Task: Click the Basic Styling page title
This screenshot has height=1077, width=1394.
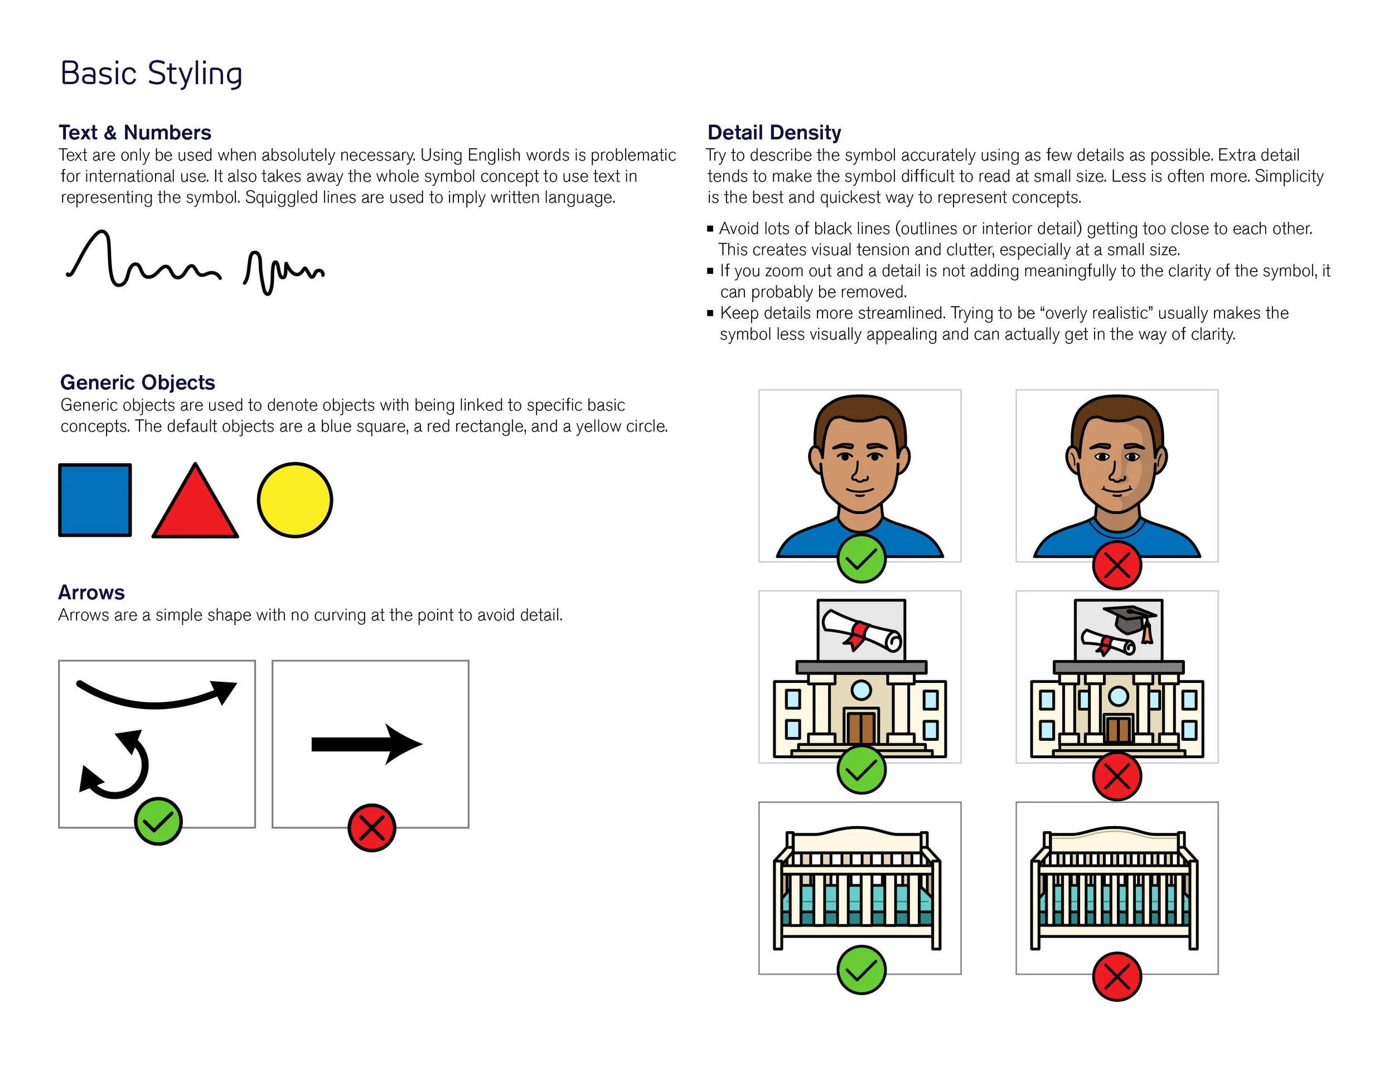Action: pyautogui.click(x=151, y=74)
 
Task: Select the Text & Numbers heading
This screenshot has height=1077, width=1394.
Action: pyautogui.click(x=135, y=132)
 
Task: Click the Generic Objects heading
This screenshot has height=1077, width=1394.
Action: pyautogui.click(x=137, y=382)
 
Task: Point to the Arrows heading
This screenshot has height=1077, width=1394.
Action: pyautogui.click(x=91, y=592)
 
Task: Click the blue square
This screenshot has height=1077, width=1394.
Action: pyautogui.click(x=95, y=500)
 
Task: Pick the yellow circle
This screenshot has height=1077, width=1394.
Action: pyautogui.click(x=295, y=500)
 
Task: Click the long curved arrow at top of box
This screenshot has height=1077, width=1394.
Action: pyautogui.click(x=156, y=696)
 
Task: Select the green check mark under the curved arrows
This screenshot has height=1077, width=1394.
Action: pyautogui.click(x=158, y=821)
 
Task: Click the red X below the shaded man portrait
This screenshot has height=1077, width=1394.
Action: pyautogui.click(x=1116, y=565)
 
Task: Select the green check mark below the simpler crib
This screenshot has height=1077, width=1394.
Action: pyautogui.click(x=861, y=970)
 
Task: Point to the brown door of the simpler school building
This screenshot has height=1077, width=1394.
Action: pyautogui.click(x=861, y=727)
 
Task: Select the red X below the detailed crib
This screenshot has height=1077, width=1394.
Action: pyautogui.click(x=1116, y=977)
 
